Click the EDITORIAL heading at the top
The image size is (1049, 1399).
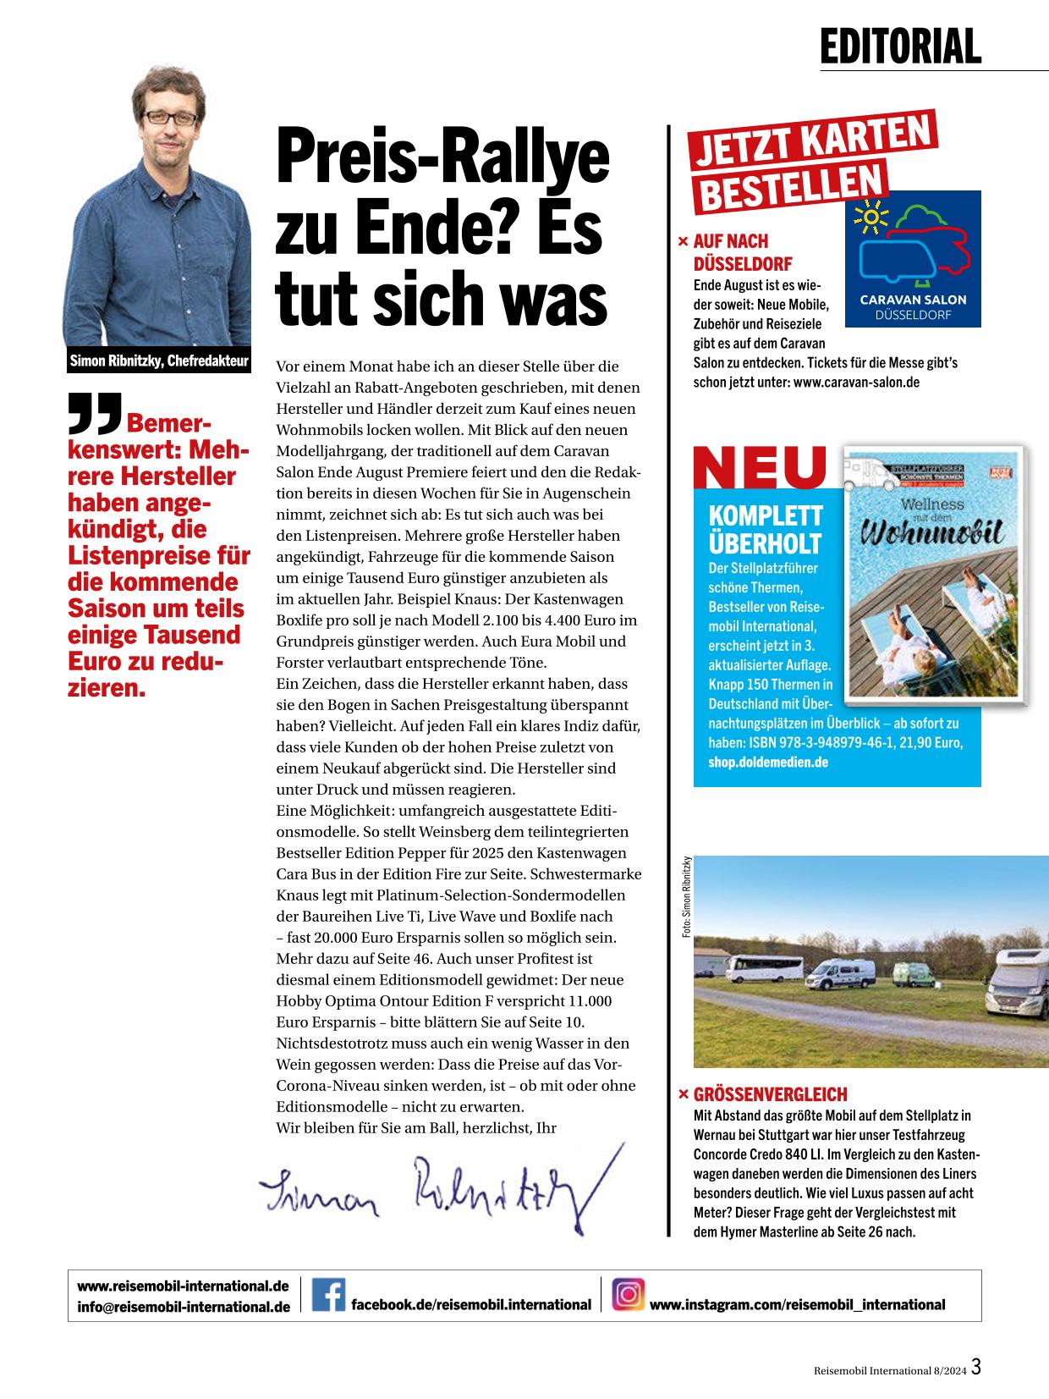point(900,47)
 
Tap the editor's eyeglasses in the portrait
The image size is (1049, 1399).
point(170,118)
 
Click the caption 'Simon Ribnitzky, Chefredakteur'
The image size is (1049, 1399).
point(159,362)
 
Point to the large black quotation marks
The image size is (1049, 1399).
point(95,412)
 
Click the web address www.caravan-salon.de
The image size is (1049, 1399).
point(856,383)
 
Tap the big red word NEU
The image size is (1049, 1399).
point(760,467)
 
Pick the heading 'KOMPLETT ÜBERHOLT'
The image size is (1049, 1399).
point(765,529)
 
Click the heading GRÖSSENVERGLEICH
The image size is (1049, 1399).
point(770,1094)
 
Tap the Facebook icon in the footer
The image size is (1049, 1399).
point(328,1295)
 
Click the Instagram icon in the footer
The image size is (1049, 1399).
point(628,1295)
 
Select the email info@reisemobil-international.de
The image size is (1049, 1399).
point(184,1307)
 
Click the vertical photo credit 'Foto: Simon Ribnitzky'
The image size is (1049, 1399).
point(687,896)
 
